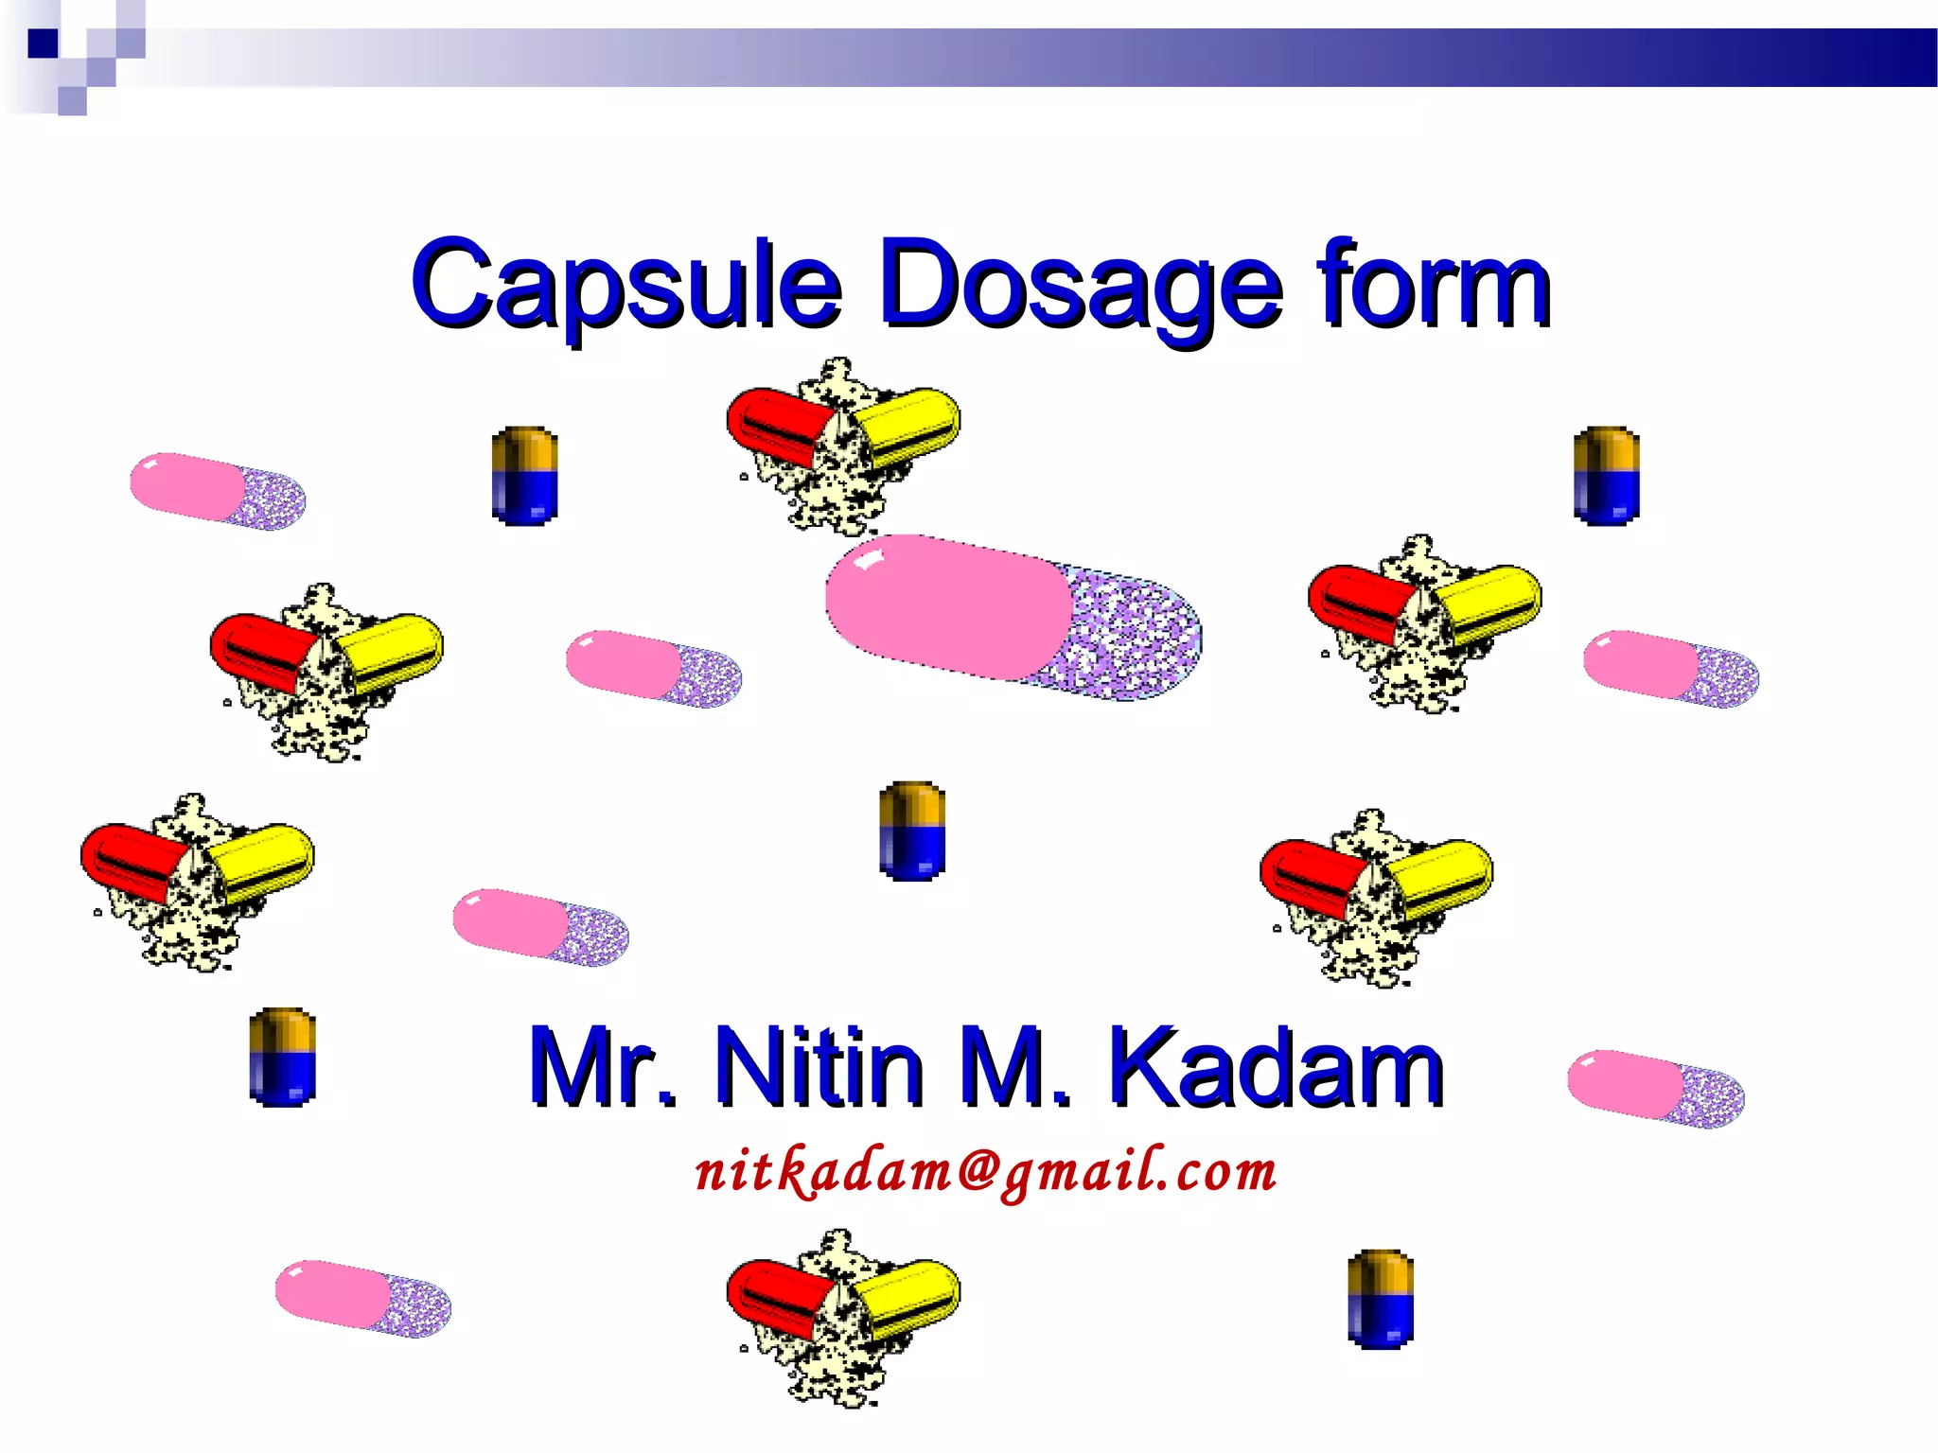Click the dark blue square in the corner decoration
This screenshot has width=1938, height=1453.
[x=43, y=44]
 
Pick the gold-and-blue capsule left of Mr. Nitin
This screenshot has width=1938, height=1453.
[x=282, y=1057]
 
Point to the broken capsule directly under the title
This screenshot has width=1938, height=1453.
[x=842, y=445]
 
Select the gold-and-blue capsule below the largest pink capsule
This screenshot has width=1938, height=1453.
[x=912, y=831]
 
